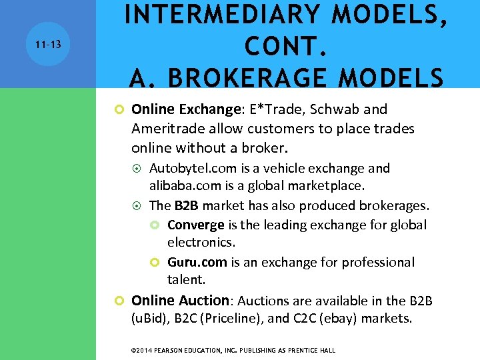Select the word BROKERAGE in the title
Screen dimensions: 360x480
261,77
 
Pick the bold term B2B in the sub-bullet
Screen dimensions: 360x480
189,205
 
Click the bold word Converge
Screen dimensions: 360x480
195,225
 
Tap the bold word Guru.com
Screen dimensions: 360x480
197,263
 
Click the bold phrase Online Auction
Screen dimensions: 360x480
180,301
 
